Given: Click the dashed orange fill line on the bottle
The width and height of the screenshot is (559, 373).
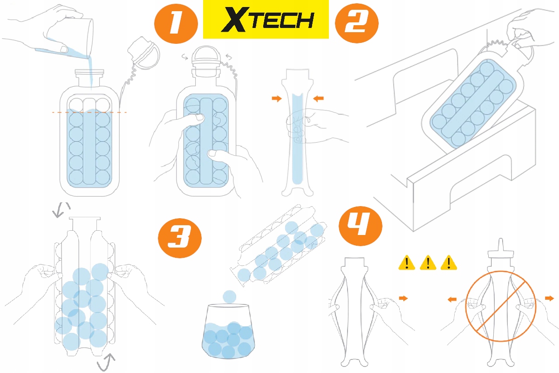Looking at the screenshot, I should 89,112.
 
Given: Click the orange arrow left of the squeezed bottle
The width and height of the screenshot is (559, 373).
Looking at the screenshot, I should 276,98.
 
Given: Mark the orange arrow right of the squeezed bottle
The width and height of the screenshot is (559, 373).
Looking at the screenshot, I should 318,98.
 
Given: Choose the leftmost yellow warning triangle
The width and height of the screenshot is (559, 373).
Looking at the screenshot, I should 406,263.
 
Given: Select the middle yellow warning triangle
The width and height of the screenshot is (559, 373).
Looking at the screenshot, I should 428,263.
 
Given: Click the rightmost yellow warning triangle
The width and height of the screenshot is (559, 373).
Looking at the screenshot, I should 449,263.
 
